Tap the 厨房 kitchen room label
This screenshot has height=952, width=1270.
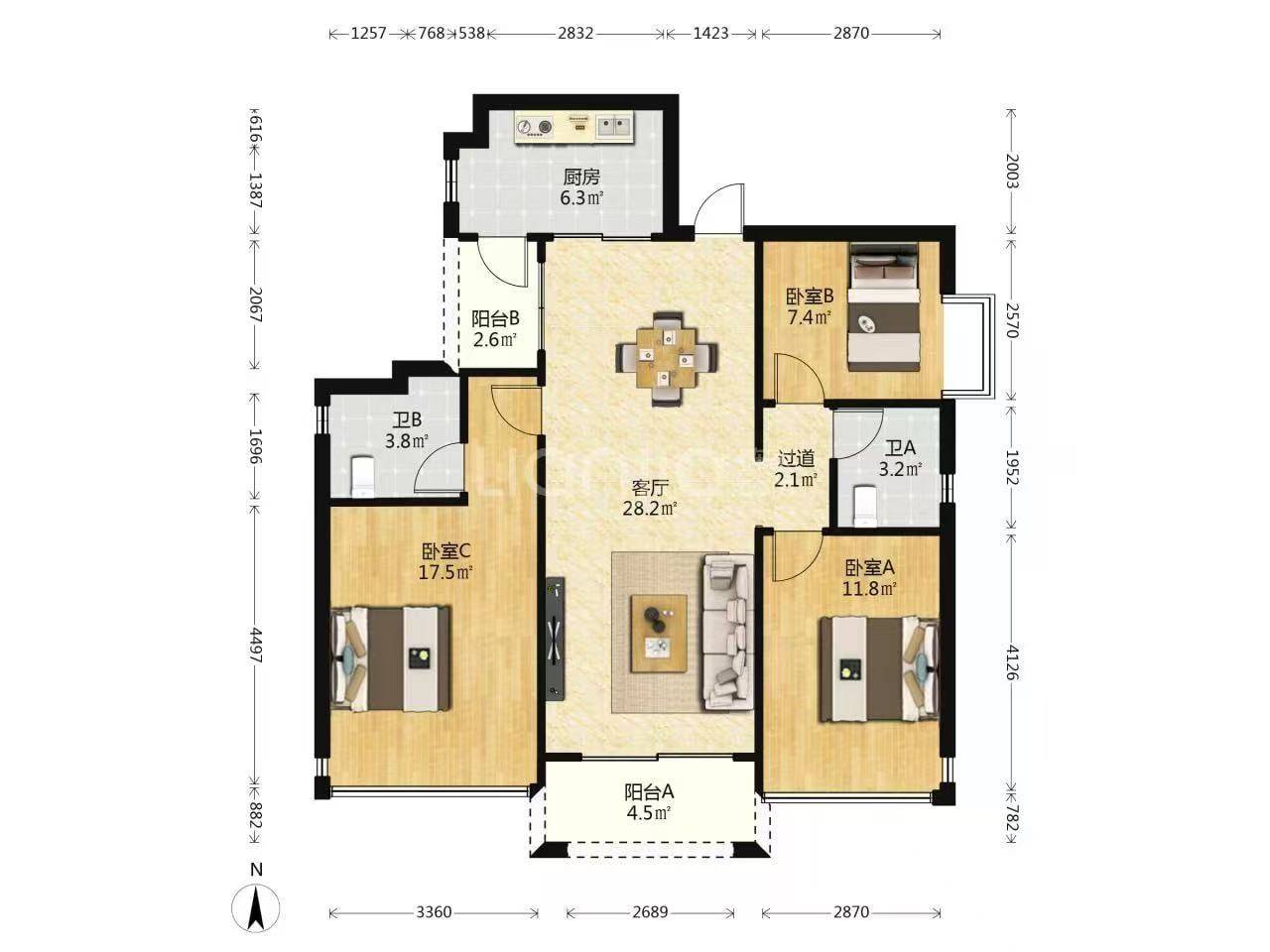[580, 177]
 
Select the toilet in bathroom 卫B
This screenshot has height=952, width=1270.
[363, 476]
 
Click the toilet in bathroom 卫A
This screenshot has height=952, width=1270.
[865, 507]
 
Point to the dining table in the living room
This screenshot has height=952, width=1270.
[666, 358]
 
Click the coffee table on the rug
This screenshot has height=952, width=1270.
[659, 633]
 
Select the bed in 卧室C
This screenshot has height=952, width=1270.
[390, 658]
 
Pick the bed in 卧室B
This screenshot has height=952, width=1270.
[883, 307]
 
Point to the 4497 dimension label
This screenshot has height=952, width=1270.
[256, 647]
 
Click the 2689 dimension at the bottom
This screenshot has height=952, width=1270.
[650, 912]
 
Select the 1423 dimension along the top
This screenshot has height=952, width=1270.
[710, 34]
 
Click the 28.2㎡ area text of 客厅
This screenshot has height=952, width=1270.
[649, 508]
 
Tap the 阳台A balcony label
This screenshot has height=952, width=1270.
[649, 791]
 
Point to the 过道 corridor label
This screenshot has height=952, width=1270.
[796, 459]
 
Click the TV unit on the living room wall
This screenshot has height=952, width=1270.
[556, 638]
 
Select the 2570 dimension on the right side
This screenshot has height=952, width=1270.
[1011, 319]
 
